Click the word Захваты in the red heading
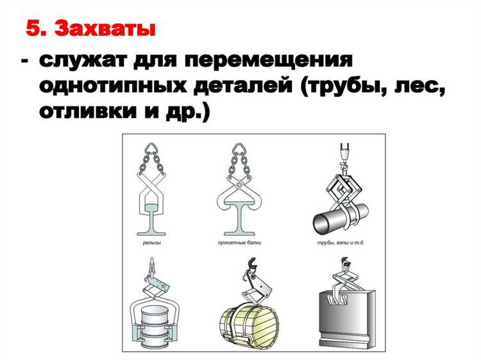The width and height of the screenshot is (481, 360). (106, 29)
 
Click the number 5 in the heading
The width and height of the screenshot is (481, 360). (36, 29)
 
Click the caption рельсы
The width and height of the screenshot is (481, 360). (151, 244)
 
